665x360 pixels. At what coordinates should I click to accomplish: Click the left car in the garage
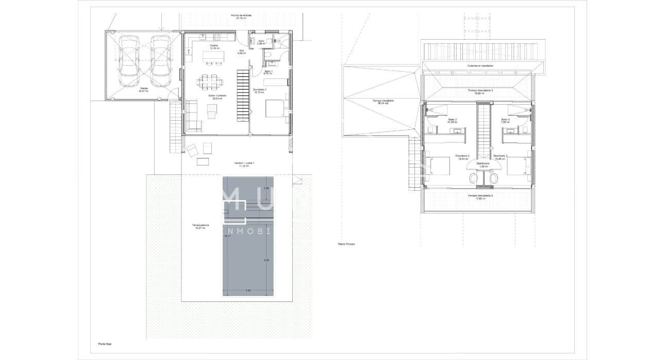pos(129,62)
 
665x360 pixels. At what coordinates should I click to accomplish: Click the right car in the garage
pos(161,62)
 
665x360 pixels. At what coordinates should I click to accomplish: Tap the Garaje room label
pos(143,88)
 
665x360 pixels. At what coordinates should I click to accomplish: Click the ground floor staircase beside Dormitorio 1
pos(243,95)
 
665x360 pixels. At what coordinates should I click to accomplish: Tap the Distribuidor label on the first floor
pos(483,163)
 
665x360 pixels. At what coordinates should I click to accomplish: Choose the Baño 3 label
pos(505,120)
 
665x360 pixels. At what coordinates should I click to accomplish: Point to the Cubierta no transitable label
pos(480,66)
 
